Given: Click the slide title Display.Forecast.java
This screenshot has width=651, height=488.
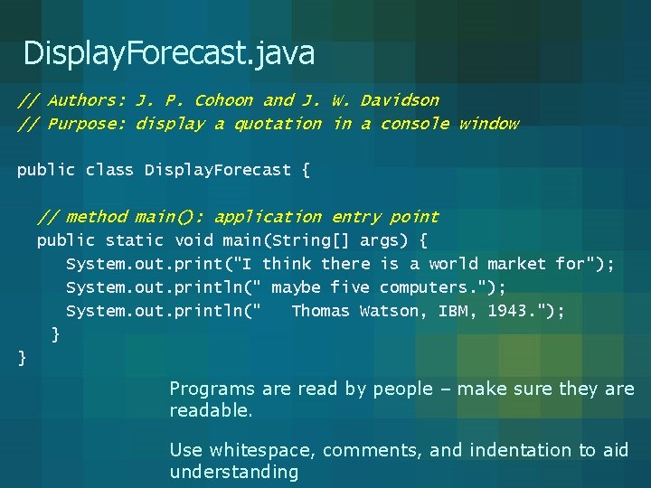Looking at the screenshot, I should pos(169,53).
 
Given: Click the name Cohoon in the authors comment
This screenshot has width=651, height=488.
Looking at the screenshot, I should pos(224,100).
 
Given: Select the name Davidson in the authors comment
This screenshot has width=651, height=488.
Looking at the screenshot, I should pos(400,100).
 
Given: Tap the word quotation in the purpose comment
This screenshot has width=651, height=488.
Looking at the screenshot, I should pos(278,124).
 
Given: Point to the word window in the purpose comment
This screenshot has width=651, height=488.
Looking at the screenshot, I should pos(488,124).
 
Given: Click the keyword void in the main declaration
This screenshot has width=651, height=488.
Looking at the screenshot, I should pos(193,240).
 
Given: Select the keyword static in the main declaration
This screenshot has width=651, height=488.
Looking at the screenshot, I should pos(135,240).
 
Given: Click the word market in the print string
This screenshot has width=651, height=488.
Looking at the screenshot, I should pos(517,264).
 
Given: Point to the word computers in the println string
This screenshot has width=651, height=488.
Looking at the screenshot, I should pos(424,287).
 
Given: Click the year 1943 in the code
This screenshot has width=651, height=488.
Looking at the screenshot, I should pos(513,311).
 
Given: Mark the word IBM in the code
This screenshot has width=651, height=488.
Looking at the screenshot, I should pos(453,311).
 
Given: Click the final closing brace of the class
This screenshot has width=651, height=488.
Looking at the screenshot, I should pos(23,359).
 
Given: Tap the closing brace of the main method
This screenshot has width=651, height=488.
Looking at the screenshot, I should pos(56,335).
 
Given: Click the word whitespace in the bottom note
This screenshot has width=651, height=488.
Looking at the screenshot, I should pos(262,450).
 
